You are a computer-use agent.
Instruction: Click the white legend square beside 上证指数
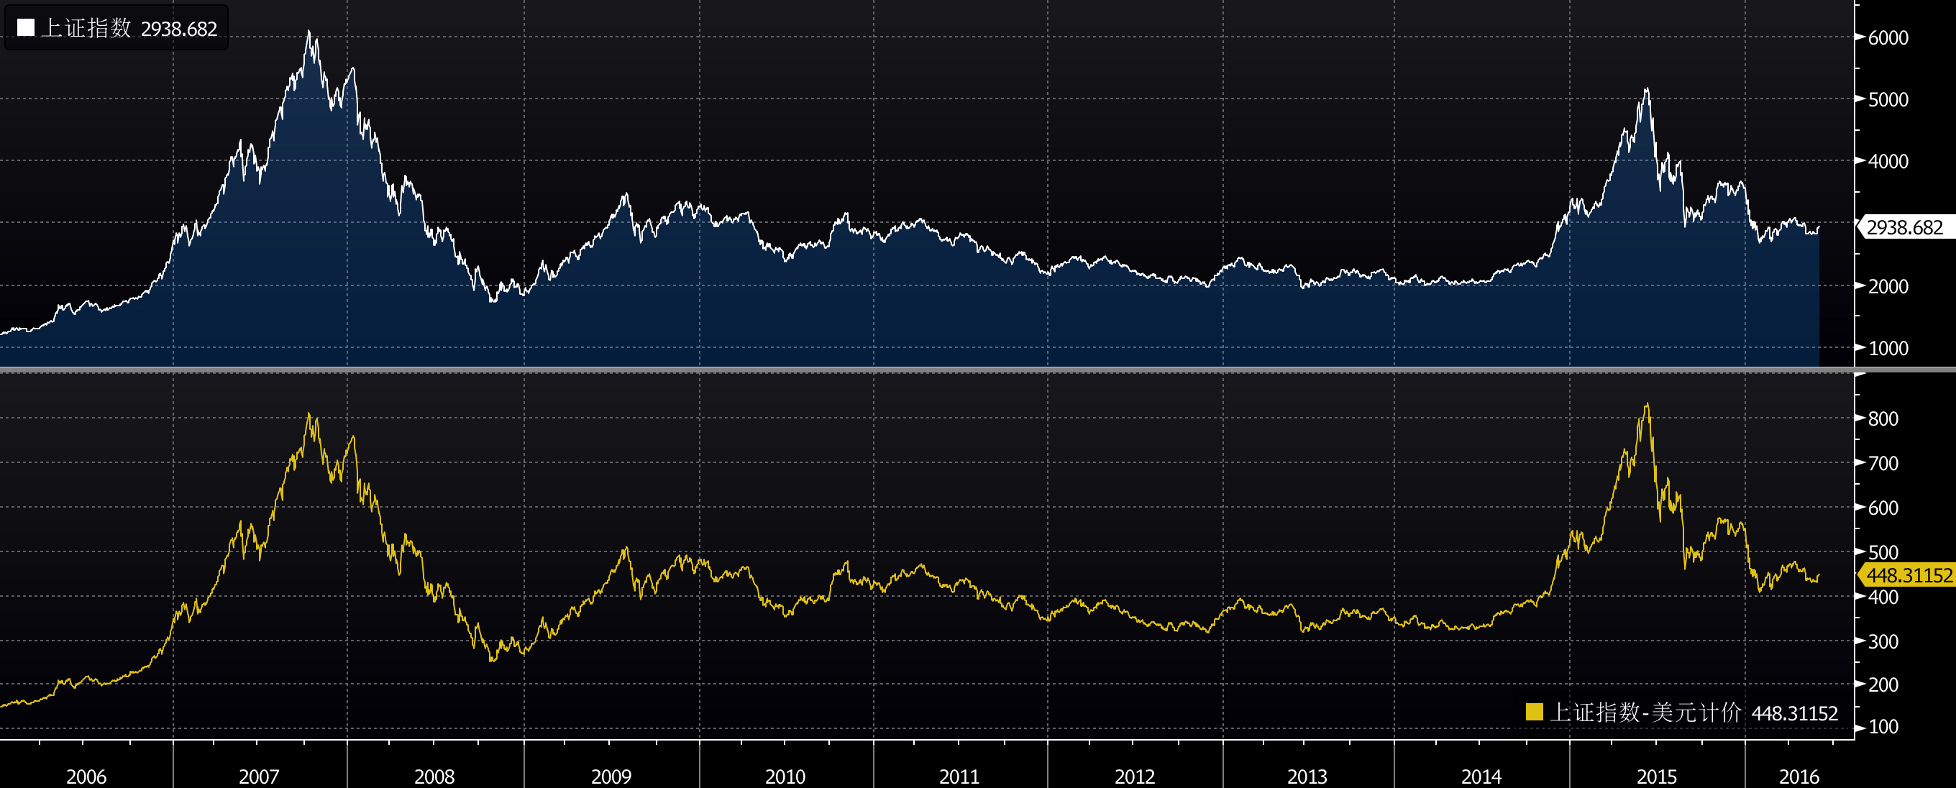[26, 28]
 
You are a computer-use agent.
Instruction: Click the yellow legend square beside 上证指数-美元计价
[1534, 712]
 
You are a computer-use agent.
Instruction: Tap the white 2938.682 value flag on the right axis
[1904, 227]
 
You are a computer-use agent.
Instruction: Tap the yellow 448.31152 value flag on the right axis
[1908, 575]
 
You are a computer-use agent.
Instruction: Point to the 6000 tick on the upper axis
[1887, 38]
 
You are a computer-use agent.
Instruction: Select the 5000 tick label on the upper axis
[1887, 99]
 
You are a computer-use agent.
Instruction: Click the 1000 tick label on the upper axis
[1887, 349]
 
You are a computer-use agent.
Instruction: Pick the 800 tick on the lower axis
[1883, 419]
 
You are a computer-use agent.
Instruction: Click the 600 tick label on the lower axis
[1883, 508]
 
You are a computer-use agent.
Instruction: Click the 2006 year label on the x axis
[86, 776]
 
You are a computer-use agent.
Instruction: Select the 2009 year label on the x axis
[611, 776]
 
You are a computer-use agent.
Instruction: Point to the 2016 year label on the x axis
[1799, 776]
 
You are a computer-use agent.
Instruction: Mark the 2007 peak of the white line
[309, 31]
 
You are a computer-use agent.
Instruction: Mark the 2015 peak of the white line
[1646, 90]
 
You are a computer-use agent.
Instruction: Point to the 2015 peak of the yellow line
[1646, 404]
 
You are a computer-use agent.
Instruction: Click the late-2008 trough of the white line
[493, 301]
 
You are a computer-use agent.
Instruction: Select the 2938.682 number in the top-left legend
[179, 29]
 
